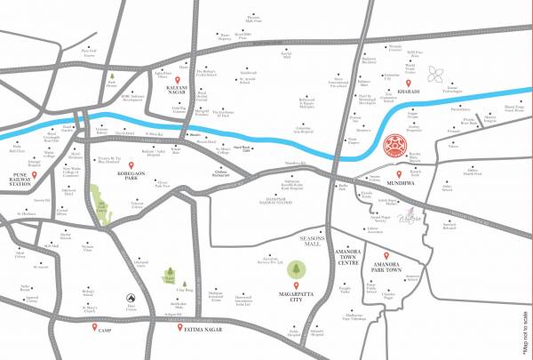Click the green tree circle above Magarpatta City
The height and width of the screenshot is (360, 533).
click(295, 267)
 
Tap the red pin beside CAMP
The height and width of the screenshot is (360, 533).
click(94, 328)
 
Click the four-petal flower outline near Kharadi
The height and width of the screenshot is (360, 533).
click(436, 73)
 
